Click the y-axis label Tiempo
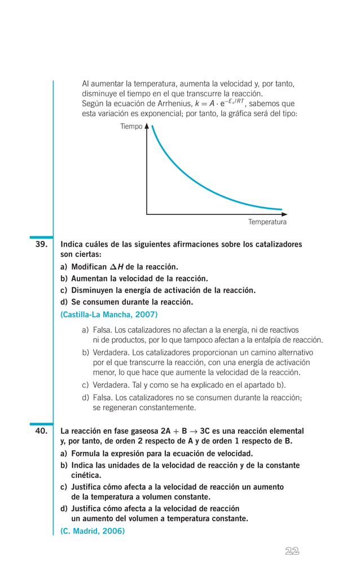pyautogui.click(x=131, y=126)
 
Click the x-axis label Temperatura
pyautogui.click(x=267, y=222)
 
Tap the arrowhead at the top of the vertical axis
pyautogui.click(x=147, y=126)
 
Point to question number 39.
pyautogui.click(x=41, y=245)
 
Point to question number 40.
pyautogui.click(x=41, y=430)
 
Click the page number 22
pyautogui.click(x=292, y=551)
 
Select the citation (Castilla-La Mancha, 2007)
pyautogui.click(x=109, y=314)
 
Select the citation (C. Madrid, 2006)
pyautogui.click(x=93, y=531)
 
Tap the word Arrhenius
pyautogui.click(x=172, y=104)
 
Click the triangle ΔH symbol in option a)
pyautogui.click(x=117, y=267)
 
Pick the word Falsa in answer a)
pyautogui.click(x=102, y=330)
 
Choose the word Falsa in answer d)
pyautogui.click(x=102, y=397)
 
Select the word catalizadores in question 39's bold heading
pyautogui.click(x=276, y=245)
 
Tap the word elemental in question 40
pyautogui.click(x=285, y=430)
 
